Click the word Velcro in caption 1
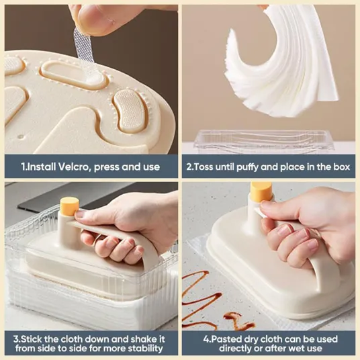point(74,167)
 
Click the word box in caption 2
point(341,167)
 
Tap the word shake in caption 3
point(142,339)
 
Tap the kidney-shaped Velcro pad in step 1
point(130,109)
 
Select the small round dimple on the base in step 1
point(21,137)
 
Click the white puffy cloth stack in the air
point(281,61)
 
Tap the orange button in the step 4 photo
point(261,192)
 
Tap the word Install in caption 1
point(41,167)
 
